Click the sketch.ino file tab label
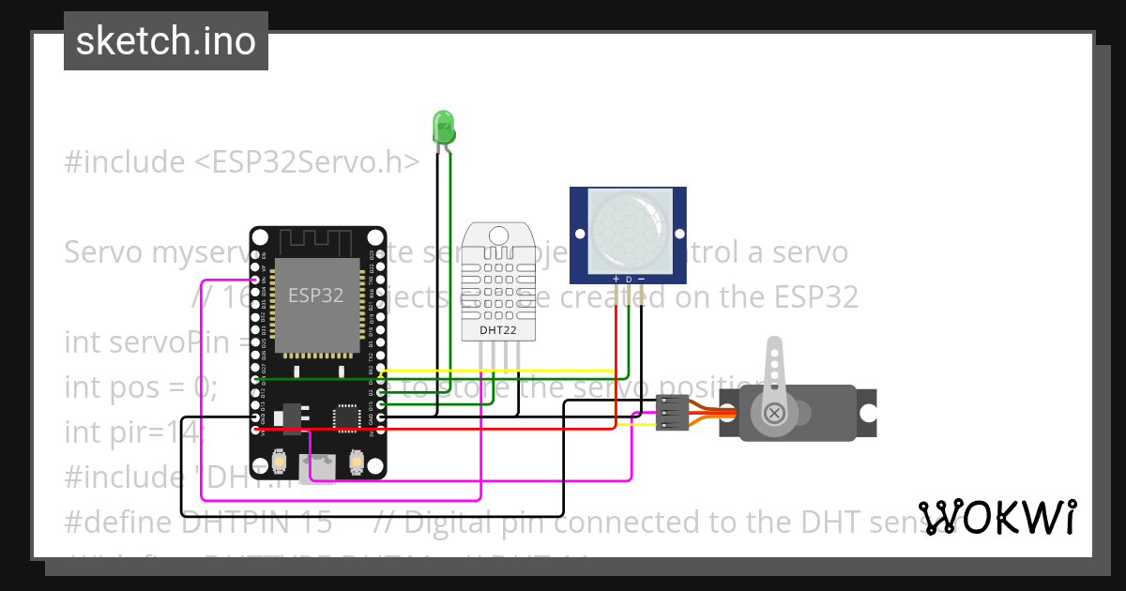(166, 41)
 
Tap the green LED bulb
(442, 127)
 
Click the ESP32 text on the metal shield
(314, 295)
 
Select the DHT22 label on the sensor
(497, 330)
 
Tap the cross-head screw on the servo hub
(775, 413)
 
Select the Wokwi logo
(997, 517)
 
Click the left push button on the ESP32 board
(279, 462)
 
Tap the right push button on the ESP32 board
(357, 462)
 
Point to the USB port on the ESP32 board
(318, 466)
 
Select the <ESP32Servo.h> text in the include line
(306, 161)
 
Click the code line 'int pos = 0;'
(142, 386)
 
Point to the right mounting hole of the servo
(869, 413)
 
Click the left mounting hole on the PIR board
(581, 235)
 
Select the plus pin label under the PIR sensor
(616, 280)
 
